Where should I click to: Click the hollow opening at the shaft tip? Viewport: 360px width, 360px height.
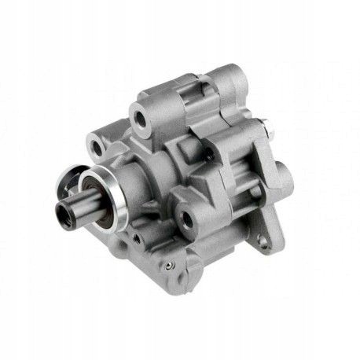pos(61,212)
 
